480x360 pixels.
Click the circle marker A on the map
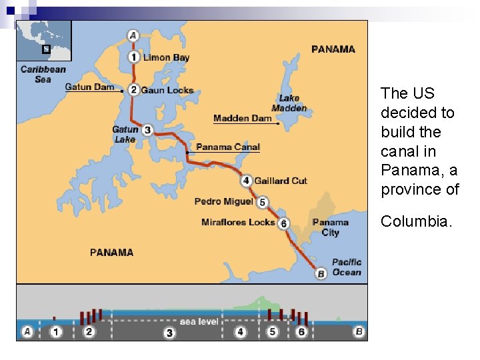point(133,35)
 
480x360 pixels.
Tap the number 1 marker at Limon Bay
point(134,57)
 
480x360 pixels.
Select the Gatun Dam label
point(89,87)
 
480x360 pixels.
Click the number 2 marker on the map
point(134,89)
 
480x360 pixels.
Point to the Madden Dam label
point(243,119)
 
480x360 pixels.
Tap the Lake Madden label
point(289,103)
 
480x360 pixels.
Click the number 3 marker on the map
point(147,130)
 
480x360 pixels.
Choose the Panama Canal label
point(228,147)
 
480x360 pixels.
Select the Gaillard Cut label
point(281,180)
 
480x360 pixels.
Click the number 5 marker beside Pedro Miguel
point(263,202)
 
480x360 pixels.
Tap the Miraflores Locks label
point(238,222)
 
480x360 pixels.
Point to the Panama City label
point(330,227)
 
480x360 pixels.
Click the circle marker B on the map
point(321,273)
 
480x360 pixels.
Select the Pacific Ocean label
point(347,267)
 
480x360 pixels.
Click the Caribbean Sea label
point(43,74)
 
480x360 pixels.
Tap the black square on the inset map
point(45,49)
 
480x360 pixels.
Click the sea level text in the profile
point(199,321)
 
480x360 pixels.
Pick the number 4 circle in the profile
point(241,331)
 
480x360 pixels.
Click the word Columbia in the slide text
point(417,221)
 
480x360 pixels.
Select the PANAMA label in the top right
point(333,49)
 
